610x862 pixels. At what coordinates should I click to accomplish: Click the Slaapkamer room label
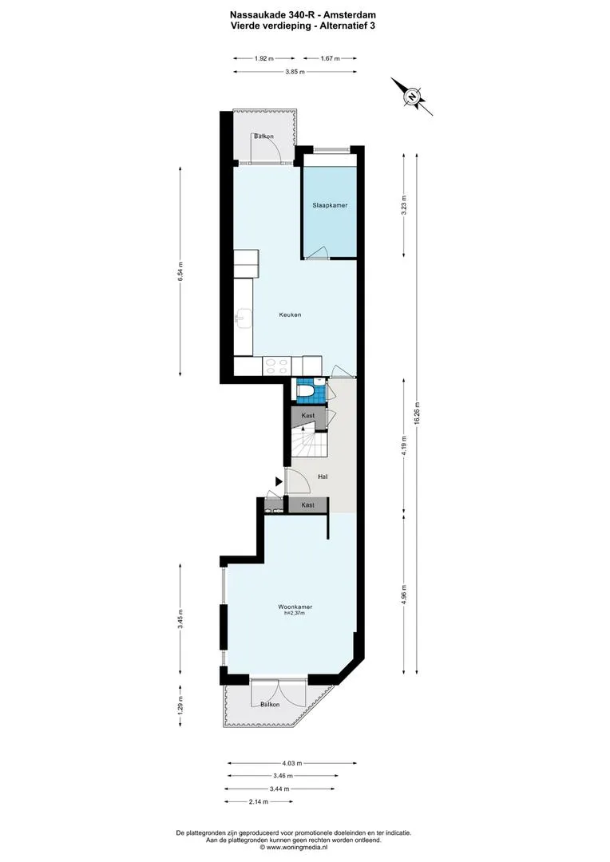click(330, 205)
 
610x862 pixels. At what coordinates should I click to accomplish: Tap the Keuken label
click(290, 315)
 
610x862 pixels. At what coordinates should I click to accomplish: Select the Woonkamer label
click(295, 607)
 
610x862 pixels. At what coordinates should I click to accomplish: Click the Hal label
click(323, 476)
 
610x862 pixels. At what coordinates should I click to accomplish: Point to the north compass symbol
click(411, 97)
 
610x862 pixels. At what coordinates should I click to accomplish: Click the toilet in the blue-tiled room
click(305, 391)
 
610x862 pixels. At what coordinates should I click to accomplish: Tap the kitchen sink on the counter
click(243, 318)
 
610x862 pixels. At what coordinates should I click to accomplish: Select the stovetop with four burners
click(277, 366)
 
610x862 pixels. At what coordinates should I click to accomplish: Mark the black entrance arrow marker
click(279, 481)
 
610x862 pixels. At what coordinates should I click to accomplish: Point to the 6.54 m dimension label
click(180, 272)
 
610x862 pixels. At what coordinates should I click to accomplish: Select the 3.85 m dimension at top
click(295, 72)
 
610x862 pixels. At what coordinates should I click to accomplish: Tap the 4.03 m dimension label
click(292, 763)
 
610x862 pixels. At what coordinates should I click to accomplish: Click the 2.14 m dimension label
click(259, 801)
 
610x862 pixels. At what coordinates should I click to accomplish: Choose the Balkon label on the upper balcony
click(263, 136)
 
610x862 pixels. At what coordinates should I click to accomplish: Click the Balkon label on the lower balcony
click(270, 704)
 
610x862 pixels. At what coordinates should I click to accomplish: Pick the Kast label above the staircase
click(308, 416)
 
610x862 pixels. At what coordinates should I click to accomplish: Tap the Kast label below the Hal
click(308, 504)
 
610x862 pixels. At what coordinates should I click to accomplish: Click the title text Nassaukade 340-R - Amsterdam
click(303, 15)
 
